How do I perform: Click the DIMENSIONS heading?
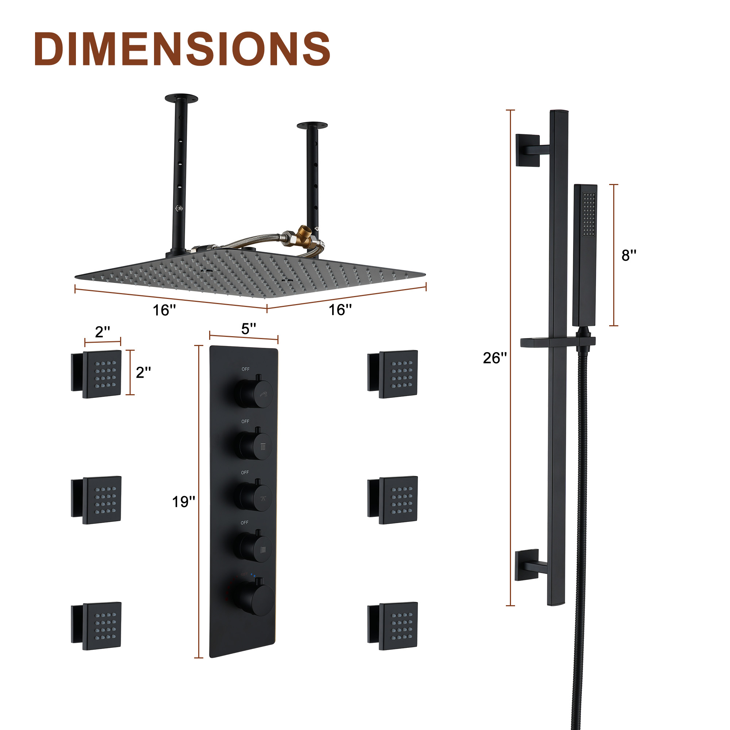(x=182, y=49)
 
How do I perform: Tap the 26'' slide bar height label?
(x=495, y=358)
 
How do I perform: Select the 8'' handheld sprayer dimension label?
(x=629, y=255)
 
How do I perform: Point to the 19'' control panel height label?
(x=184, y=502)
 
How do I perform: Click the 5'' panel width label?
(x=249, y=329)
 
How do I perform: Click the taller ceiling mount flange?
(x=181, y=99)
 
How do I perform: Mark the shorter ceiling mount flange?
(x=312, y=126)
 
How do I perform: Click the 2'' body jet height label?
(x=143, y=373)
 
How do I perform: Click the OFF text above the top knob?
(x=246, y=369)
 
